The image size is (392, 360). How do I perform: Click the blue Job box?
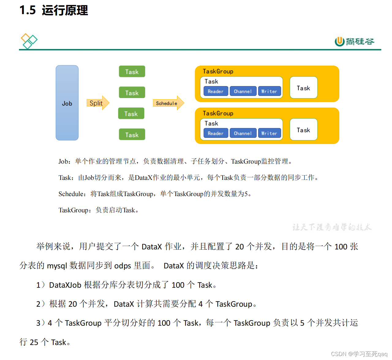coord(67,103)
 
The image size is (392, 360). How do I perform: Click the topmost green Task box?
coord(132,72)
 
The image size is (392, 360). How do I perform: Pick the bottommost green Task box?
coord(132,135)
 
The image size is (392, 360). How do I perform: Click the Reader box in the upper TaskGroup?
coord(216,91)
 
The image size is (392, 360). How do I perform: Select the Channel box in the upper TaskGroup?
coord(243,91)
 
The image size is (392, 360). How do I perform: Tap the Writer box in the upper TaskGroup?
coord(269,91)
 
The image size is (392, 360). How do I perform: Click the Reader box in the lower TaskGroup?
coord(216,133)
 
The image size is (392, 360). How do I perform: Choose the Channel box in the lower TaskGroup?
coord(243,133)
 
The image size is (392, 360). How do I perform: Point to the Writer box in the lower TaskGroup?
coord(269,133)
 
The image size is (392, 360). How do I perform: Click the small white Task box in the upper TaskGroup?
coord(303,88)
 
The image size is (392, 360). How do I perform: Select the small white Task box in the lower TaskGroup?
coord(303,130)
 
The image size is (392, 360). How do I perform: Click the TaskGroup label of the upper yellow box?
coord(218,71)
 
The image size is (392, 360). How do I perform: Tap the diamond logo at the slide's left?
coord(29,41)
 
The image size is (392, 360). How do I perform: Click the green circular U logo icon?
coord(339,41)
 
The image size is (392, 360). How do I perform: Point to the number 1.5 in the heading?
coord(28,10)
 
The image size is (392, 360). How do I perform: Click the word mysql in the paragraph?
coord(57,266)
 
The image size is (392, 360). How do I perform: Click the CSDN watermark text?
coord(338,354)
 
